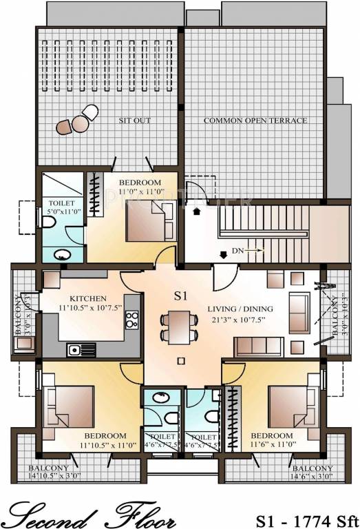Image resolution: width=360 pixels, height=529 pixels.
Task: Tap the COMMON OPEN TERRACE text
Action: tap(255, 121)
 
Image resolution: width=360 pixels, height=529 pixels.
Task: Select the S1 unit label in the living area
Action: tap(180, 296)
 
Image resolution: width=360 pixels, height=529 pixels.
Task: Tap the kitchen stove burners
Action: tap(132, 320)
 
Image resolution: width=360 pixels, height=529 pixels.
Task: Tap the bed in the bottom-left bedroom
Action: tap(68, 407)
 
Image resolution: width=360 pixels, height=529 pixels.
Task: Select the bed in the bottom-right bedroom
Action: tap(291, 407)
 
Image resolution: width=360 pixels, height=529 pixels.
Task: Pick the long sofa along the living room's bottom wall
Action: tap(257, 347)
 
